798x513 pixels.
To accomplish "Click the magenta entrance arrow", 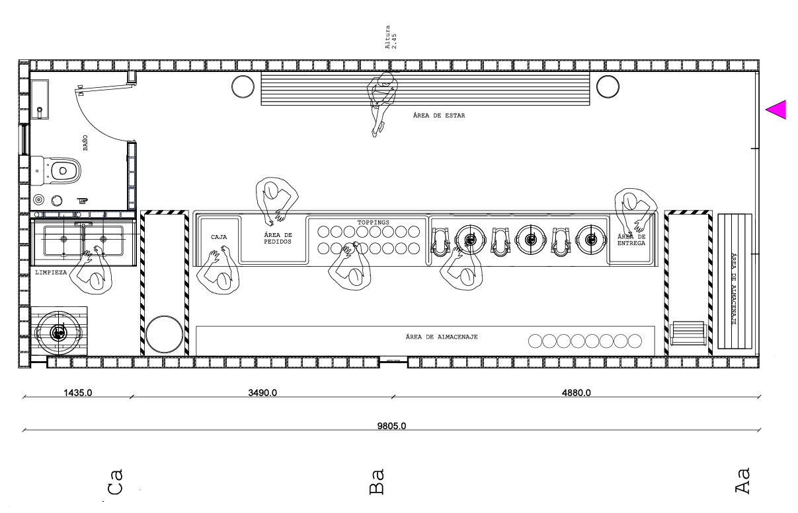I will click(x=778, y=110).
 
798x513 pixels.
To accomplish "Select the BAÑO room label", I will click(x=85, y=143).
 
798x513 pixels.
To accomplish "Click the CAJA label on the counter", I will click(x=219, y=236).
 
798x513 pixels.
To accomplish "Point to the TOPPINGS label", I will click(x=373, y=222).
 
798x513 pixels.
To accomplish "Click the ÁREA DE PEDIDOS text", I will click(x=278, y=238).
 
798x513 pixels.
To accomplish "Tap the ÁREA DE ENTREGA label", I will click(x=631, y=240).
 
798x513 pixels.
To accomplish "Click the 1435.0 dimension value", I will click(x=77, y=393).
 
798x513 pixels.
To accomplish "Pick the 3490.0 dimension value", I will click(x=262, y=393).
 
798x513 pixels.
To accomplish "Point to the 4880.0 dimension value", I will click(x=576, y=393).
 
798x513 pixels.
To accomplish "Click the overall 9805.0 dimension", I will click(x=391, y=426).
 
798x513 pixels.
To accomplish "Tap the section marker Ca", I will click(x=115, y=482).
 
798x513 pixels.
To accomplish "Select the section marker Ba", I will click(x=376, y=482).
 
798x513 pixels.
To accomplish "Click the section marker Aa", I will click(x=743, y=481).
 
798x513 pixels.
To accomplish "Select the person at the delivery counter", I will click(x=635, y=209).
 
